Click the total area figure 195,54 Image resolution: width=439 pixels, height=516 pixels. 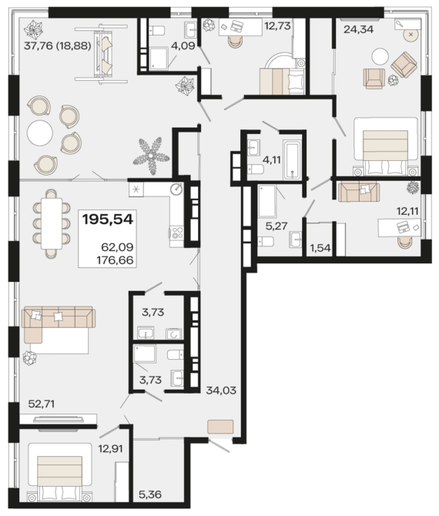click(x=108, y=219)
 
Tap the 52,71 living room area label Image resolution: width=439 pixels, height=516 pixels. click(x=42, y=404)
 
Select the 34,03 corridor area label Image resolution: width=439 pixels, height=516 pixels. click(x=221, y=390)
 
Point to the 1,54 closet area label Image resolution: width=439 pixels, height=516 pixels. click(x=320, y=248)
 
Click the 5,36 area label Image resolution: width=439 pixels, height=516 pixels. click(x=150, y=494)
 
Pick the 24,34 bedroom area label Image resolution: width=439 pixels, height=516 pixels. click(x=359, y=29)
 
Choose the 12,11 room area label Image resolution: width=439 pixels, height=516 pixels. click(x=407, y=211)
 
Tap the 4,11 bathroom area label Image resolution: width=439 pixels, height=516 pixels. click(x=272, y=160)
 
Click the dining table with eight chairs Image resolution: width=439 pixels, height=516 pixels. click(x=52, y=224)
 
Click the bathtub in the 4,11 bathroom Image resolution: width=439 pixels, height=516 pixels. click(x=293, y=159)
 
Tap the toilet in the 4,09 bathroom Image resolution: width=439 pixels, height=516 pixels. click(x=156, y=31)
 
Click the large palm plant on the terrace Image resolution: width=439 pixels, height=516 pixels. click(x=152, y=155)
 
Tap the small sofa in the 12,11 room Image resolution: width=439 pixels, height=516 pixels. click(x=359, y=191)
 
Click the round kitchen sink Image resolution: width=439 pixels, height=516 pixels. click(x=176, y=189)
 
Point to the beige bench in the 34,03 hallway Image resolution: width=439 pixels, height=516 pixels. click(x=220, y=427)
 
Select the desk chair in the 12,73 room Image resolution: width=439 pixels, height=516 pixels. click(x=234, y=41)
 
